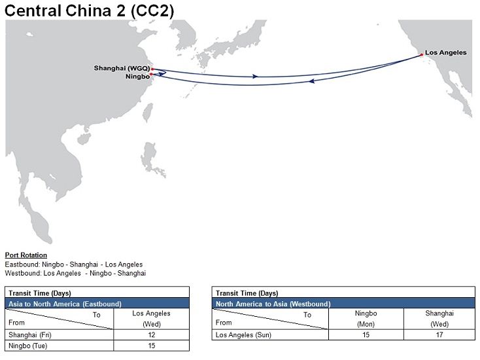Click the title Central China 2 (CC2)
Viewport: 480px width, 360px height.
90,10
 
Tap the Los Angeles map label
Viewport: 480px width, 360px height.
445,52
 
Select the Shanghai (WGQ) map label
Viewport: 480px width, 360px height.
122,68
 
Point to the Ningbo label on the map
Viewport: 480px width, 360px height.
136,77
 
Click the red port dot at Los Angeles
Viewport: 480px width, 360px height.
421,54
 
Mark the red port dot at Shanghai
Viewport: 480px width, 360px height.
152,69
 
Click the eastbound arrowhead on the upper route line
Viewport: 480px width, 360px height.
255,77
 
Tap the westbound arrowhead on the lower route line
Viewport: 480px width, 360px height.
313,82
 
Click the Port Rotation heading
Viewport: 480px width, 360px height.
26,255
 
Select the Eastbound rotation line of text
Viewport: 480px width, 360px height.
73,264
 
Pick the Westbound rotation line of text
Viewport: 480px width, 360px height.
75,273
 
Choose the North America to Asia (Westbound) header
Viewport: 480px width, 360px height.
273,304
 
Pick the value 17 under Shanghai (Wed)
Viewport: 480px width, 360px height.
439,335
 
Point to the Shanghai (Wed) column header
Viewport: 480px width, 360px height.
439,318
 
